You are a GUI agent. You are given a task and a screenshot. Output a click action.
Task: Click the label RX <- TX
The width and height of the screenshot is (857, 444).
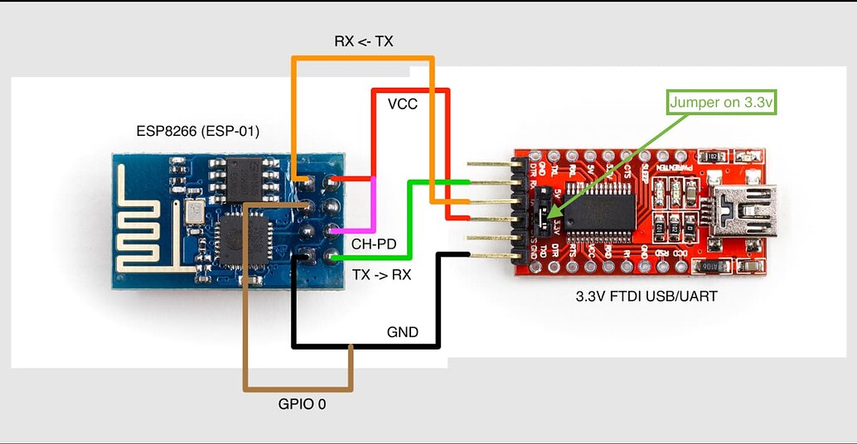coord(363,41)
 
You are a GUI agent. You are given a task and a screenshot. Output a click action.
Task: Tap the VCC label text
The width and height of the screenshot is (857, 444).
coord(403,104)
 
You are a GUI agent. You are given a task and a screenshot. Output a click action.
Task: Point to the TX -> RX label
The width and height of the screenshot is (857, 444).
coord(381,275)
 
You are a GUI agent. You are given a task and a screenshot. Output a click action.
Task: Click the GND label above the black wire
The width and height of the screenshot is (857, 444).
coord(403,332)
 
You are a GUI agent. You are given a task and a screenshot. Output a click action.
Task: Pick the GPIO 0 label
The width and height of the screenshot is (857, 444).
coord(301,406)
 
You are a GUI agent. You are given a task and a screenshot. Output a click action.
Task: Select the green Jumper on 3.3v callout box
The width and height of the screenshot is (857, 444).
coord(721,103)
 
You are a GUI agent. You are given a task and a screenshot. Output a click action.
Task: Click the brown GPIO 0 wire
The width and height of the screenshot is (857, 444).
coord(245,331)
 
